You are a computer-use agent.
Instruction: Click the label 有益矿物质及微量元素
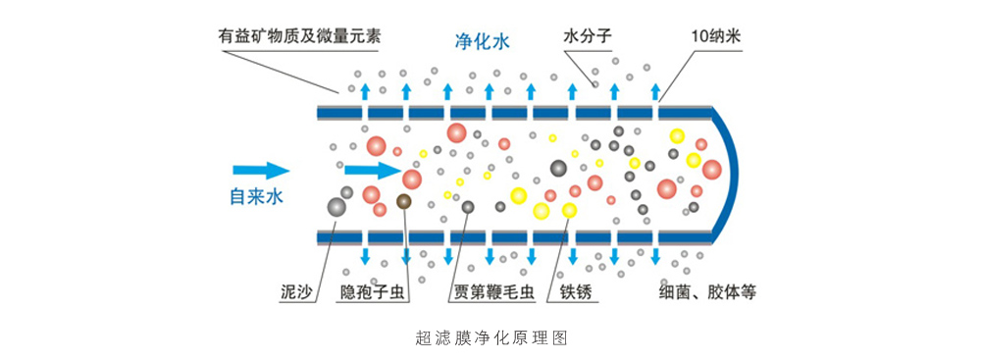click(x=299, y=37)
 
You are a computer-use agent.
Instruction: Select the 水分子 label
click(x=588, y=37)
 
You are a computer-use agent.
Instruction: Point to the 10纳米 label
click(x=715, y=37)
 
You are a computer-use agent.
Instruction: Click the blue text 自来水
click(x=256, y=197)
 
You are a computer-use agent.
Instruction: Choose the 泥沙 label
click(x=295, y=292)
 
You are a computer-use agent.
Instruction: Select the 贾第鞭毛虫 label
click(x=492, y=292)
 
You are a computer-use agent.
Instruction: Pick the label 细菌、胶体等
click(x=707, y=292)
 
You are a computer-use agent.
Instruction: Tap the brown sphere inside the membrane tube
click(x=403, y=202)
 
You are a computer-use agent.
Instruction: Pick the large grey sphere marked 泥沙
click(x=336, y=207)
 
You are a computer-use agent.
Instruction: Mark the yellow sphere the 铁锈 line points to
click(x=569, y=210)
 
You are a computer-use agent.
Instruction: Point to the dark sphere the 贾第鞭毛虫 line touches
click(x=468, y=207)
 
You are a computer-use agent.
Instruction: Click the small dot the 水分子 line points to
click(x=594, y=84)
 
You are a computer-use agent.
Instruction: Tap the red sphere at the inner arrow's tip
click(x=412, y=180)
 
